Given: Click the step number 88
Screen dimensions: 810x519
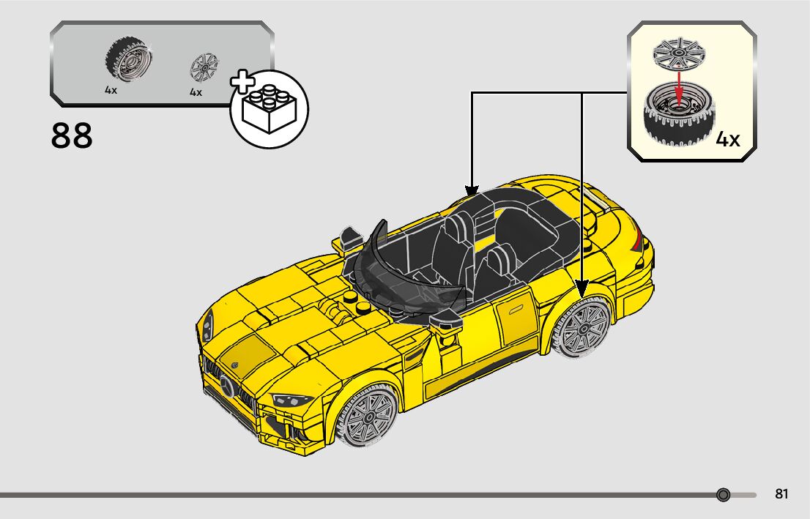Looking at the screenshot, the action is click(72, 136).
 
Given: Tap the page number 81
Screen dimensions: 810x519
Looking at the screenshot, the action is click(781, 494).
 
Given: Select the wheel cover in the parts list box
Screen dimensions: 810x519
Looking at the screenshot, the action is click(204, 67).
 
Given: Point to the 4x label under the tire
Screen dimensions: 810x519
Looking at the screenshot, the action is click(111, 91).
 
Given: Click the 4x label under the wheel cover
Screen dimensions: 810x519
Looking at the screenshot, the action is click(196, 92).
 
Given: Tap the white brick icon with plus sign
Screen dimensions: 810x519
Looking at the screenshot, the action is click(268, 108).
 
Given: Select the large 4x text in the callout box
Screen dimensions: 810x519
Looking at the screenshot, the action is click(727, 139).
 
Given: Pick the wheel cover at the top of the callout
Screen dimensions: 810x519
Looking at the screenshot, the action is click(677, 53).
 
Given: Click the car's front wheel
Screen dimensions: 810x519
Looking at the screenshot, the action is click(369, 419).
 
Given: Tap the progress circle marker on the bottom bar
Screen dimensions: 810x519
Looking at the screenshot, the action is click(724, 495).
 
